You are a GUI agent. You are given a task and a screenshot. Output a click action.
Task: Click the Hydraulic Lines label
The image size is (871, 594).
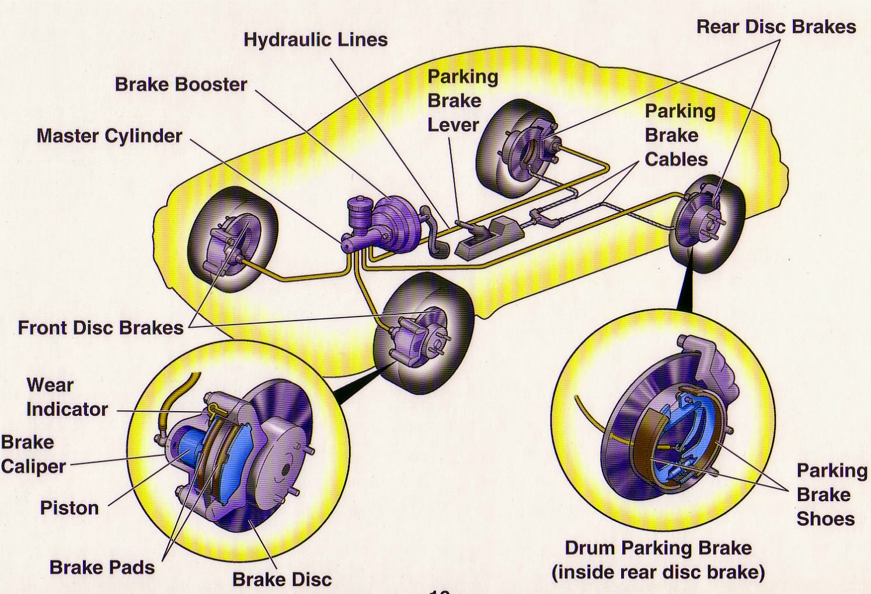pyautogui.click(x=315, y=40)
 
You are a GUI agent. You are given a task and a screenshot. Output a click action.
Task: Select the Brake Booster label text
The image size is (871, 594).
pyautogui.click(x=181, y=84)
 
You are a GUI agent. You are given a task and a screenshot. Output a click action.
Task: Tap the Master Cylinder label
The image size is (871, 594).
pyautogui.click(x=109, y=136)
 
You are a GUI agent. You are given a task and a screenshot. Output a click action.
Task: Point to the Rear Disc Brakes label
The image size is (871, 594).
pyautogui.click(x=776, y=27)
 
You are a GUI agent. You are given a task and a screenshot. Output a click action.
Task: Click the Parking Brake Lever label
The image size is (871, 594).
pyautogui.click(x=462, y=100)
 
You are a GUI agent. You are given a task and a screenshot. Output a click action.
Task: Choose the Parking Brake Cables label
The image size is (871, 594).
pyautogui.click(x=679, y=135)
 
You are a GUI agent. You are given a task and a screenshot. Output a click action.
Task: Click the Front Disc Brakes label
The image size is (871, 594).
pyautogui.click(x=100, y=328)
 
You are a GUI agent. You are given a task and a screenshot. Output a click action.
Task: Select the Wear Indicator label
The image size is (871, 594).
pyautogui.click(x=66, y=397)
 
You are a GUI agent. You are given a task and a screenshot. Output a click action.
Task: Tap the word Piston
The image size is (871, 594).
pyautogui.click(x=69, y=508)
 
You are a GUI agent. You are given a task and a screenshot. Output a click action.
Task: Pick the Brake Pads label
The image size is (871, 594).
pyautogui.click(x=102, y=567)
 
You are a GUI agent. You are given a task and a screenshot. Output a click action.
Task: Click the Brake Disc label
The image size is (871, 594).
pyautogui.click(x=281, y=579)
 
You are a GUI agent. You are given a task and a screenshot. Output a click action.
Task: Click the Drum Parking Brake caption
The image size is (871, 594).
pyautogui.click(x=658, y=560)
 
